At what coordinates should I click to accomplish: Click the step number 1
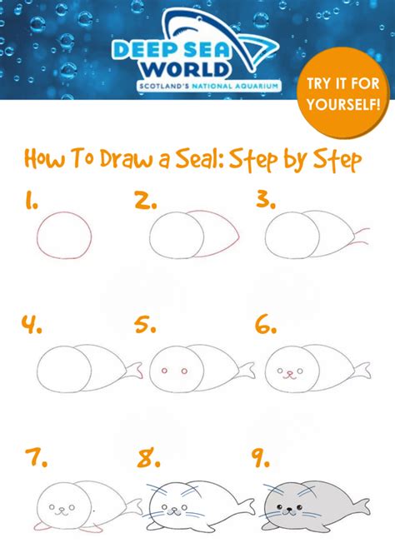pos(31,200)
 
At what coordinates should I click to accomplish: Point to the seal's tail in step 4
pos(132,366)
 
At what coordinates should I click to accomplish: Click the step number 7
pos(32,456)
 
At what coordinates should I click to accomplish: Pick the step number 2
pos(145,200)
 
